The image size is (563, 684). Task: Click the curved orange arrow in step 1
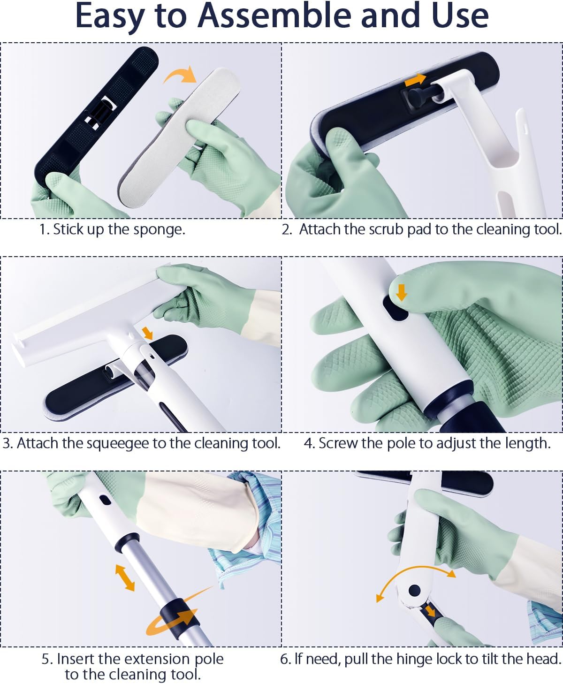[180, 75]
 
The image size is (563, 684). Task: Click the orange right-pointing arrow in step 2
[415, 80]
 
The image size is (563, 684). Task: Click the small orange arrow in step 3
[148, 333]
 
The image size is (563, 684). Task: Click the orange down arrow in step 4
[402, 292]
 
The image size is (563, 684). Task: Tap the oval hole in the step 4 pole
[395, 307]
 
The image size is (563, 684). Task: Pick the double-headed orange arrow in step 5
[125, 578]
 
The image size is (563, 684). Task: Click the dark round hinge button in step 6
[414, 591]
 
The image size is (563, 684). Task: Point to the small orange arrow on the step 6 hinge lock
[430, 610]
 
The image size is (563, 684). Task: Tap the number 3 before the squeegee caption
[7, 443]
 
